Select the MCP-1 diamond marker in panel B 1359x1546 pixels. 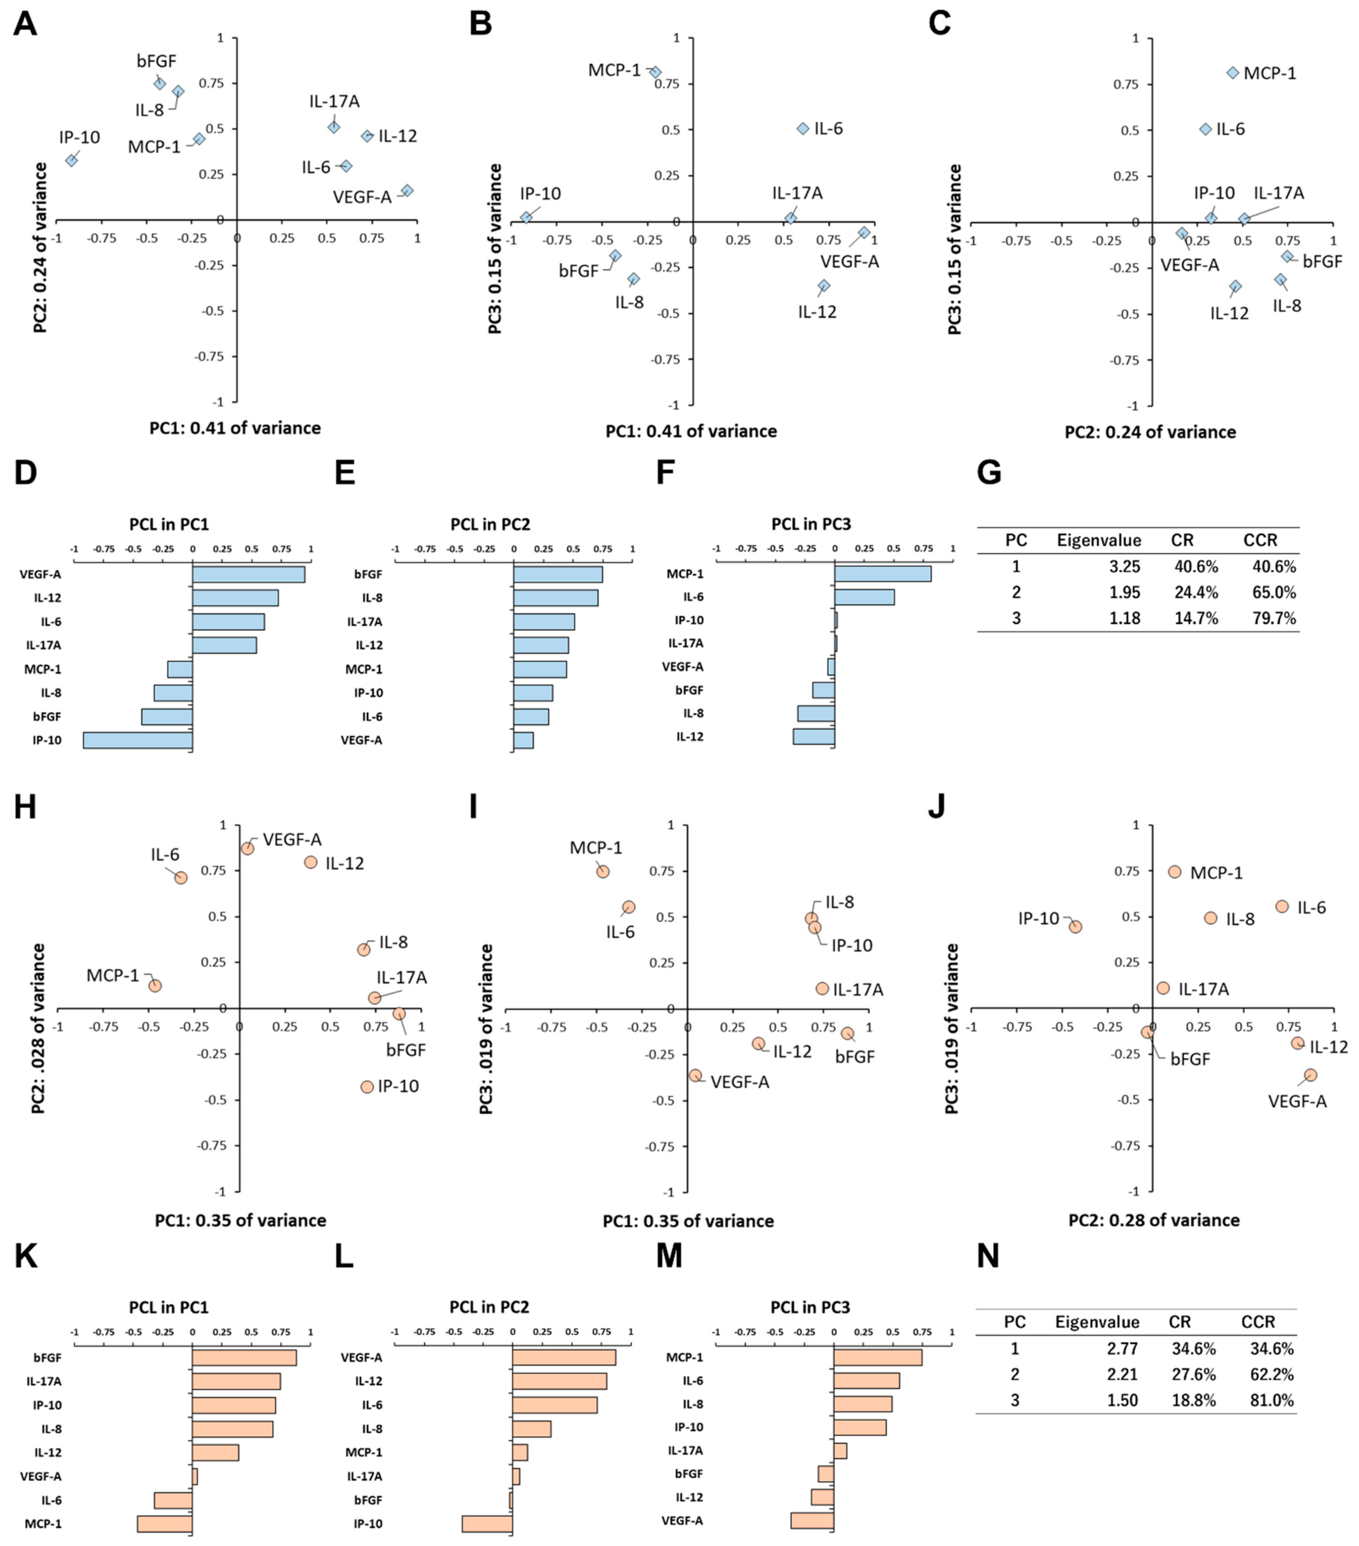(x=656, y=72)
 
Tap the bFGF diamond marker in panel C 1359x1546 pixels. (x=1287, y=257)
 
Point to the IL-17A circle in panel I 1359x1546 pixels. (x=822, y=988)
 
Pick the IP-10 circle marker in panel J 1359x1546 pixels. (x=1076, y=926)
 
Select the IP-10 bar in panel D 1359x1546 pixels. (x=137, y=741)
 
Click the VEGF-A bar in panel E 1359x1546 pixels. (x=523, y=741)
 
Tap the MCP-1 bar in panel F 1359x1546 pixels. (x=883, y=574)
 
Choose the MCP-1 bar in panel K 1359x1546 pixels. (x=164, y=1524)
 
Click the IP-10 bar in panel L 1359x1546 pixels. (x=487, y=1524)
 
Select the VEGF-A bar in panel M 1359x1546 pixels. (x=812, y=1520)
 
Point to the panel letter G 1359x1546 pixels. (x=989, y=473)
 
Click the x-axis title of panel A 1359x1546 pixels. (x=234, y=428)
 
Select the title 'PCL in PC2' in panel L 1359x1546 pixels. (x=489, y=1307)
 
